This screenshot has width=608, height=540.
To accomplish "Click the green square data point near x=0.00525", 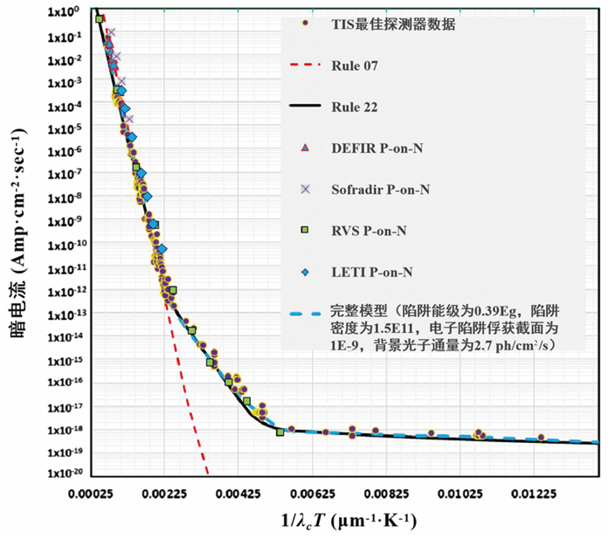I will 280,432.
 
